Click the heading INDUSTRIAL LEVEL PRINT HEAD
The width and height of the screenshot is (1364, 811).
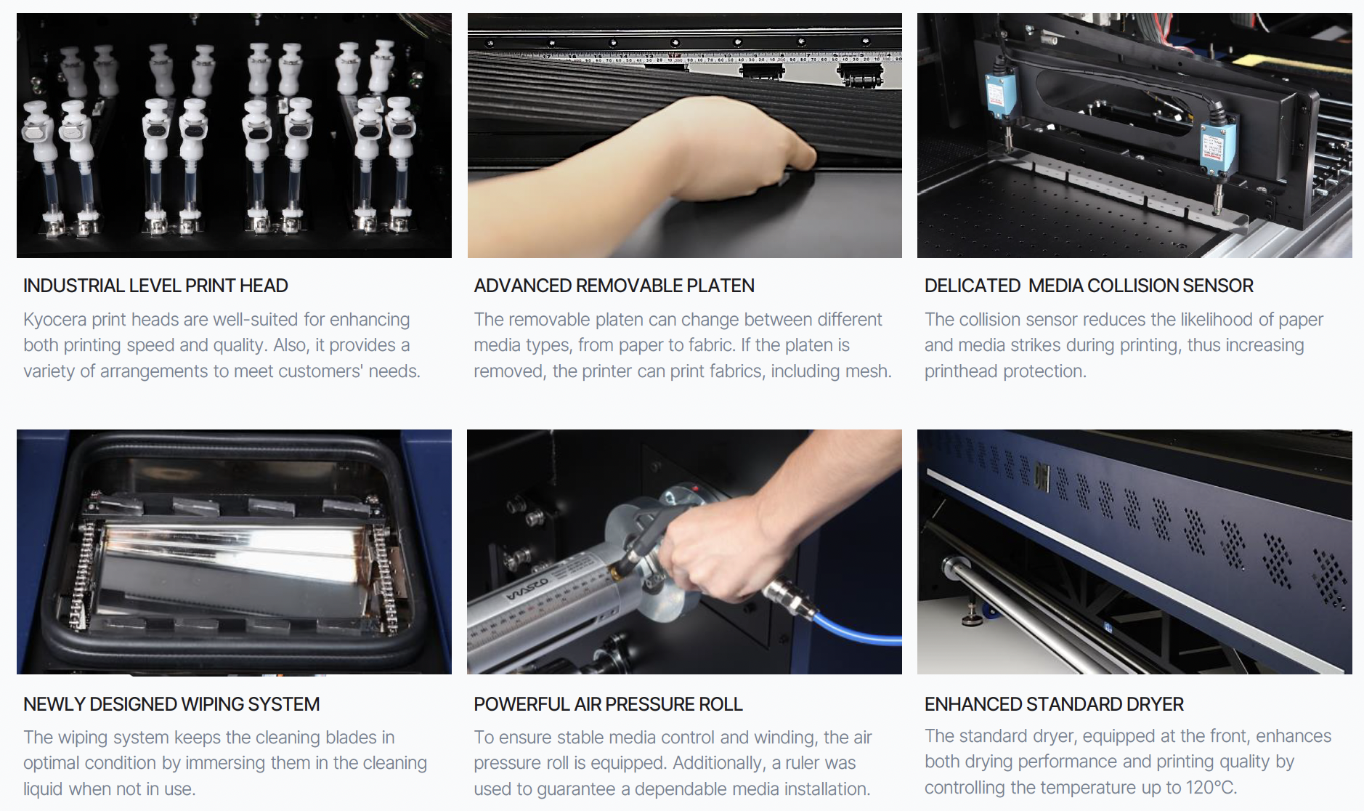click(x=155, y=286)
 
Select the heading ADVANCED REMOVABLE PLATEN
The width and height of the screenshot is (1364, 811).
click(x=614, y=286)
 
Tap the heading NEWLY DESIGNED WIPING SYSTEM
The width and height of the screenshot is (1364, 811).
click(x=171, y=704)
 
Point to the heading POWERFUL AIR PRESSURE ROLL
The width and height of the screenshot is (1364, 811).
click(x=608, y=704)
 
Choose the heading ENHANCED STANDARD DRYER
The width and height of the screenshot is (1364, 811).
click(x=1054, y=704)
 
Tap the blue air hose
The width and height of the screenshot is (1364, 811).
click(x=857, y=629)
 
